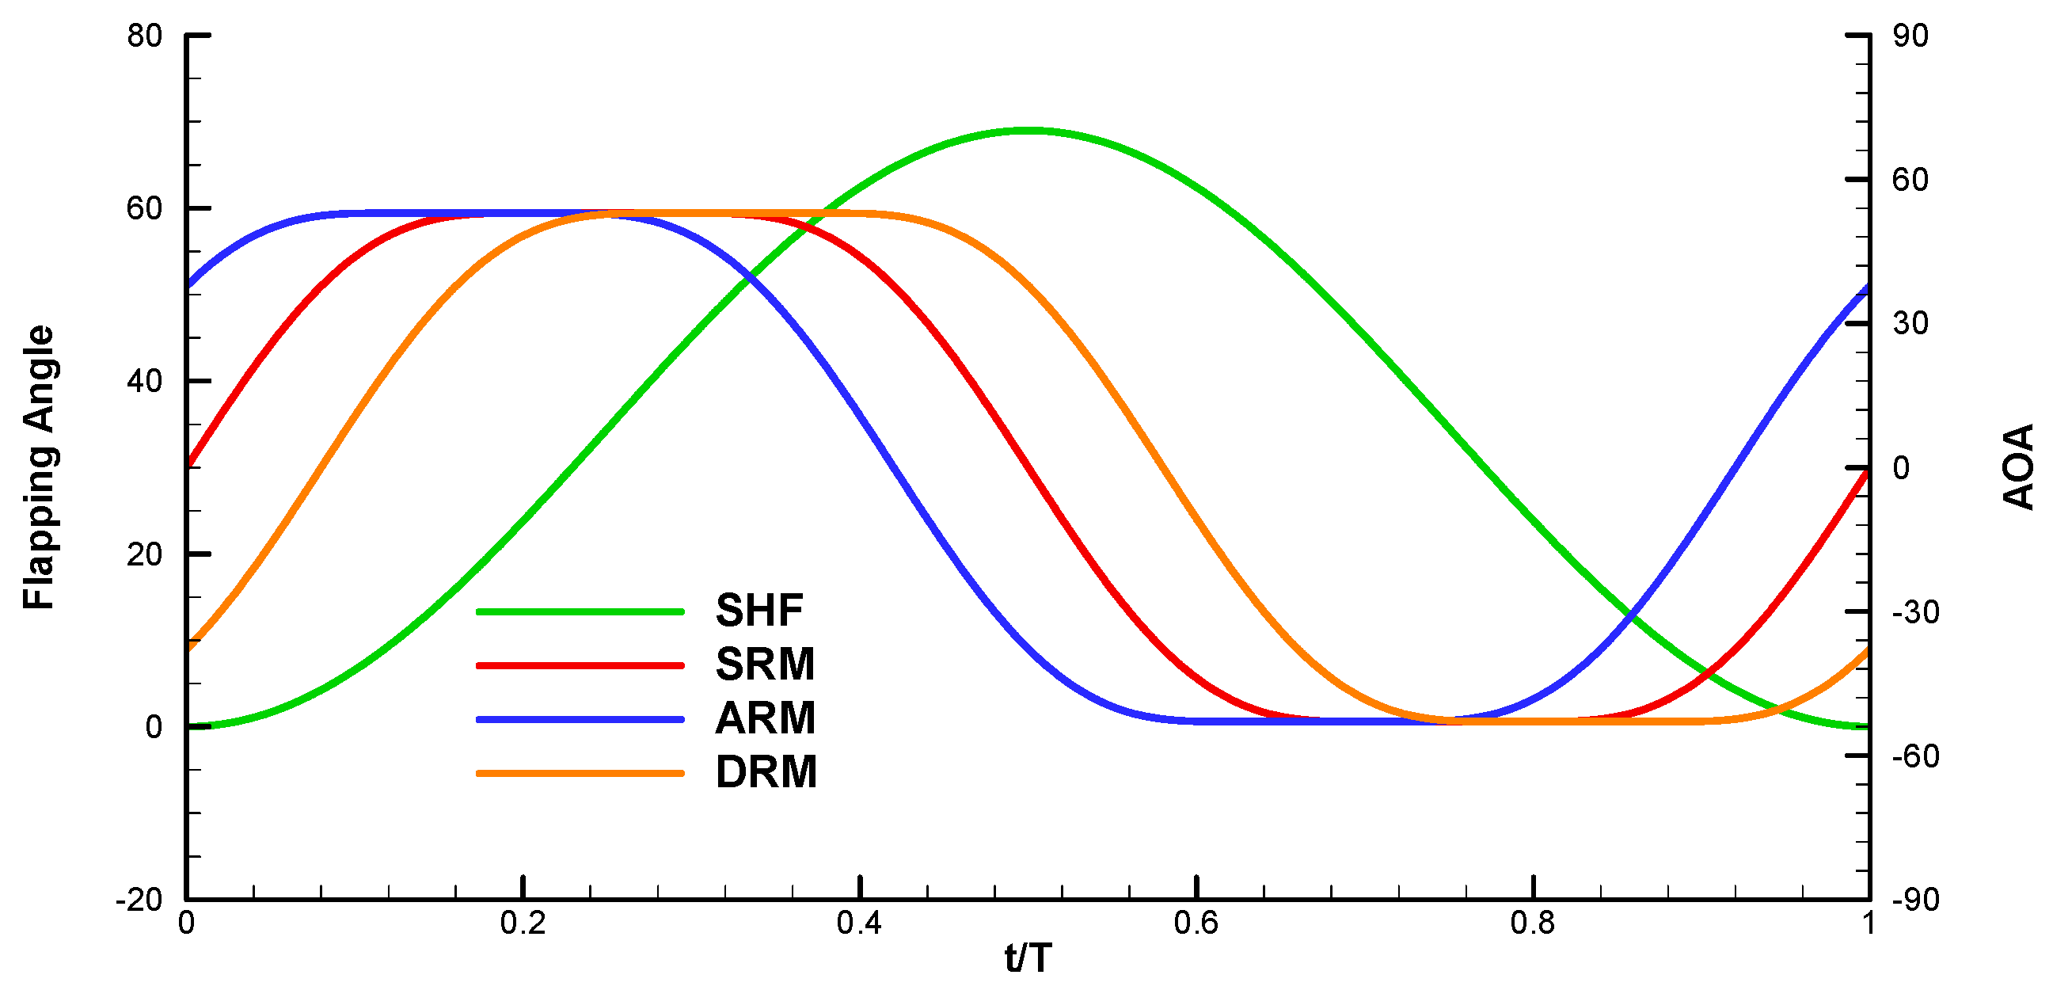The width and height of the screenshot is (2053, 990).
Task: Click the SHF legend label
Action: coord(758,611)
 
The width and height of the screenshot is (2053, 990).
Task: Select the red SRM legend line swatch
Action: coord(580,664)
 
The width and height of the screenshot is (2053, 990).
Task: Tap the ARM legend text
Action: coord(765,718)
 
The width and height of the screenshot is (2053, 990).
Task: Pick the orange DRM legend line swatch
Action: coord(580,772)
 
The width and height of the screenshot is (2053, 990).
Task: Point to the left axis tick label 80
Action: coord(144,36)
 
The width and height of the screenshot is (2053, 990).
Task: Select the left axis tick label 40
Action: coord(144,381)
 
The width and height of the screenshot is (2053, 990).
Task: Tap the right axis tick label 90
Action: coord(1910,36)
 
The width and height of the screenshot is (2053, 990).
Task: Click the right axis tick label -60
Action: coord(1915,756)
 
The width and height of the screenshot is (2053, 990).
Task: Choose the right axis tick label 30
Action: coord(1910,324)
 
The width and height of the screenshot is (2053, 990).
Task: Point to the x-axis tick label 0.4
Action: coord(859,923)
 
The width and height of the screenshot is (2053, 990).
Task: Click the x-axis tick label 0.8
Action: coord(1533,923)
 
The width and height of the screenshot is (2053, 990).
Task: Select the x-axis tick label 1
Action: coord(1868,923)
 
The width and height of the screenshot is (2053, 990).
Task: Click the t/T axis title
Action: coord(1028,958)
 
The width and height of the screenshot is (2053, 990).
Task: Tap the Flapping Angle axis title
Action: coord(38,468)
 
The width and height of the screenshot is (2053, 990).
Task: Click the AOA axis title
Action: coord(2018,468)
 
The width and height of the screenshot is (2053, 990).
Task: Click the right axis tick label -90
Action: coord(1915,900)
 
